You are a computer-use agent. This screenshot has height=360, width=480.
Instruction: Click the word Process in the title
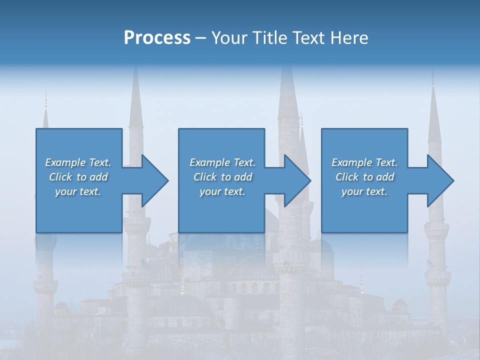(157, 38)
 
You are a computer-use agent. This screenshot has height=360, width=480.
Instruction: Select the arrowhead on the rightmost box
(439, 180)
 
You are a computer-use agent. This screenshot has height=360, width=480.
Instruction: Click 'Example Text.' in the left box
(78, 162)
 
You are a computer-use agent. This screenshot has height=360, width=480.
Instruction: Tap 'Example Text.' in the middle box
(222, 162)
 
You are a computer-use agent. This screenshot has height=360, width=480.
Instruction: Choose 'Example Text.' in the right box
(364, 162)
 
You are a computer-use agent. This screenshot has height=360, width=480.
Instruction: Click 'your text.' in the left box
(78, 191)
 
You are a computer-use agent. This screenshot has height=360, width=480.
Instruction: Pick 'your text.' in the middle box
(222, 191)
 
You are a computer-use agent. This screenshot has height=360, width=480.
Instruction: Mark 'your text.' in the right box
(364, 191)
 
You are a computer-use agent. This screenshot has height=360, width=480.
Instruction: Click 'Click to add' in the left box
(78, 177)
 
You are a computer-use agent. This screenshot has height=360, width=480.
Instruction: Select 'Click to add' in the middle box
(222, 177)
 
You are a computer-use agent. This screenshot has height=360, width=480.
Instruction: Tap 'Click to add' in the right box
(364, 177)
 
